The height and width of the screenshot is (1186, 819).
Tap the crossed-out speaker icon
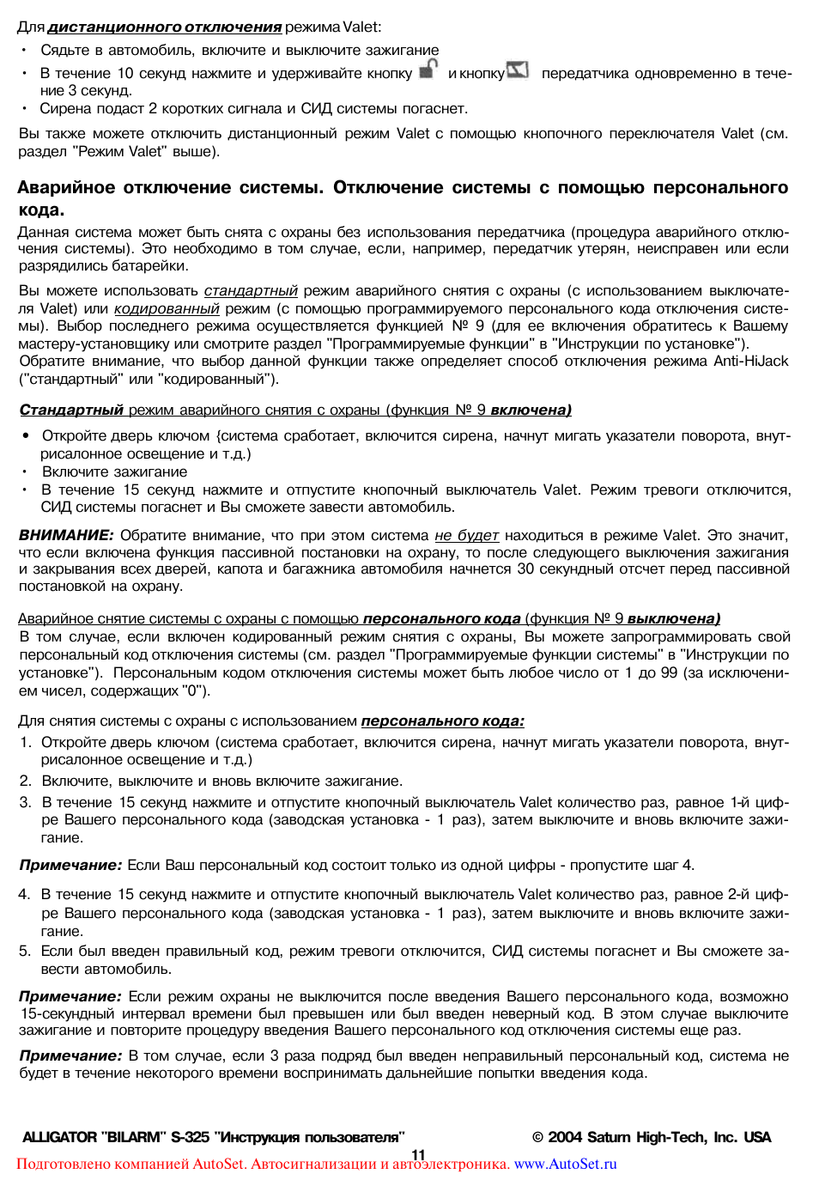click(518, 70)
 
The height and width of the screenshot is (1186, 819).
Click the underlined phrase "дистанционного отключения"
click(165, 27)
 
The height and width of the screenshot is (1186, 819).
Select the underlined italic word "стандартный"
click(251, 291)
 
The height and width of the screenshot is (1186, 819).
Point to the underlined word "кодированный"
click(167, 308)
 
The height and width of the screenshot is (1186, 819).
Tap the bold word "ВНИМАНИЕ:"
click(66, 535)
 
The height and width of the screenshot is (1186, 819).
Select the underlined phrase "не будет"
click(466, 535)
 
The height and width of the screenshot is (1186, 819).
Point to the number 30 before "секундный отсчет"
click(525, 569)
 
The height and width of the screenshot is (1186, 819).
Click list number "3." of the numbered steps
click(25, 802)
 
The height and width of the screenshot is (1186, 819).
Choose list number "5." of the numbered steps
click(25, 951)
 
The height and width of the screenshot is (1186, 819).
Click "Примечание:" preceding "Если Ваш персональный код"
click(70, 865)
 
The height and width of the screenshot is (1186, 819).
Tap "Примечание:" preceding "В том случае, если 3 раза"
click(70, 1055)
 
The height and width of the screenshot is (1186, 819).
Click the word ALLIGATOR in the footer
click(59, 1137)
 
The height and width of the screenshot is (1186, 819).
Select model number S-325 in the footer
click(190, 1137)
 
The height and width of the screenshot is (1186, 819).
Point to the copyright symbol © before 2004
click(537, 1137)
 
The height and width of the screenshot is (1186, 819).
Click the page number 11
click(419, 1154)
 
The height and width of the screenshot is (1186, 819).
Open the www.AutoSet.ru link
click(565, 1165)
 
